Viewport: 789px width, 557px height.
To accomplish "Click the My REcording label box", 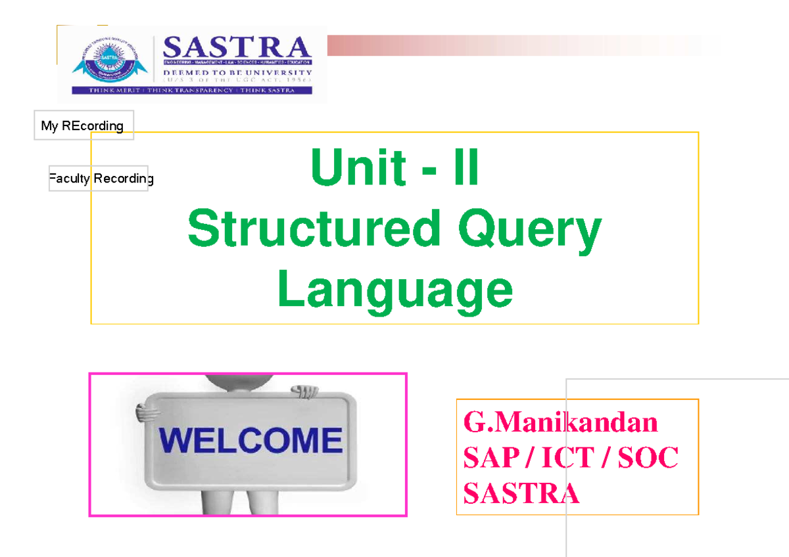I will (x=83, y=125).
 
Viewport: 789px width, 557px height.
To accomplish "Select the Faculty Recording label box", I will (x=100, y=179).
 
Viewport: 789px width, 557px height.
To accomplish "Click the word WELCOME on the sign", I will (x=251, y=440).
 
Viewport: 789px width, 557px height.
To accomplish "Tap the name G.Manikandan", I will (x=560, y=422).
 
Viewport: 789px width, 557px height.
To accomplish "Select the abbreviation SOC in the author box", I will (x=648, y=458).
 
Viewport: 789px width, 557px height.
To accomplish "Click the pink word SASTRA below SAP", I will (x=521, y=493).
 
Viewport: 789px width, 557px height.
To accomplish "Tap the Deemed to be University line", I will (x=237, y=72).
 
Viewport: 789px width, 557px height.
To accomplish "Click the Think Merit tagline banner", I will (x=191, y=90).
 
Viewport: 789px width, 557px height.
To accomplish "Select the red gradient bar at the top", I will (x=513, y=46).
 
